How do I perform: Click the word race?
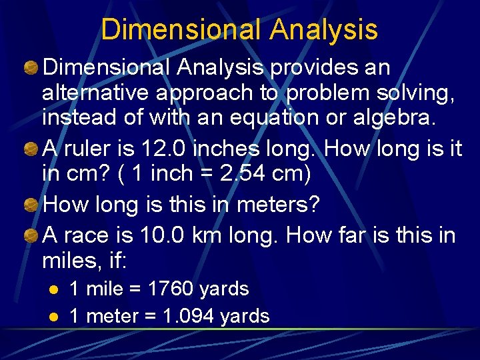coord(93,235)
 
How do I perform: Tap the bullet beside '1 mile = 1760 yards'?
coord(55,289)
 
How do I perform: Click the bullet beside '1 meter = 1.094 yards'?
coord(55,317)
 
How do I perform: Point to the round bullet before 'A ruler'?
coord(31,149)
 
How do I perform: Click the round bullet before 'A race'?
coord(31,235)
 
